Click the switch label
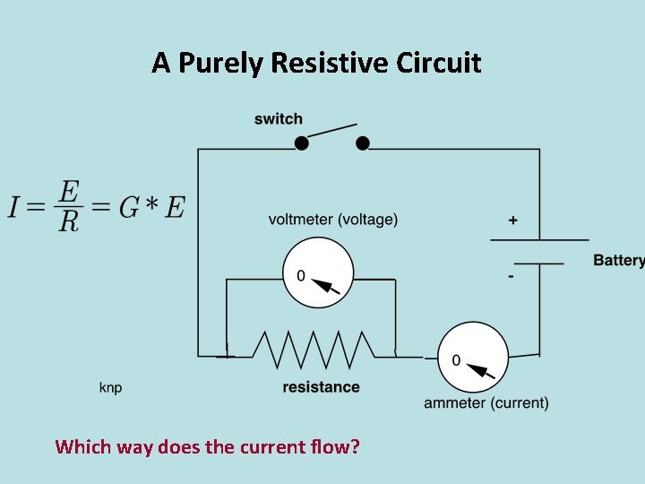[x=279, y=119]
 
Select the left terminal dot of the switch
[x=302, y=143]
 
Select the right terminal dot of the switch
[x=363, y=143]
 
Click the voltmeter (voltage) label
[x=333, y=220]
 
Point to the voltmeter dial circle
[x=318, y=273]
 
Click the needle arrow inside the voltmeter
[x=328, y=286]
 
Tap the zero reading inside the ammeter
[x=456, y=360]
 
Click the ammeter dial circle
[x=472, y=357]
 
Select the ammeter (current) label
[x=486, y=403]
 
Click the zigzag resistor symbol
[x=313, y=350]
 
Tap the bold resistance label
[x=321, y=387]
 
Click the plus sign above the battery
[x=512, y=220]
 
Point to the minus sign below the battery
[x=511, y=277]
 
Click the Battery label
[x=618, y=261]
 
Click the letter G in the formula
[x=129, y=207]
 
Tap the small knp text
[x=110, y=387]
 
